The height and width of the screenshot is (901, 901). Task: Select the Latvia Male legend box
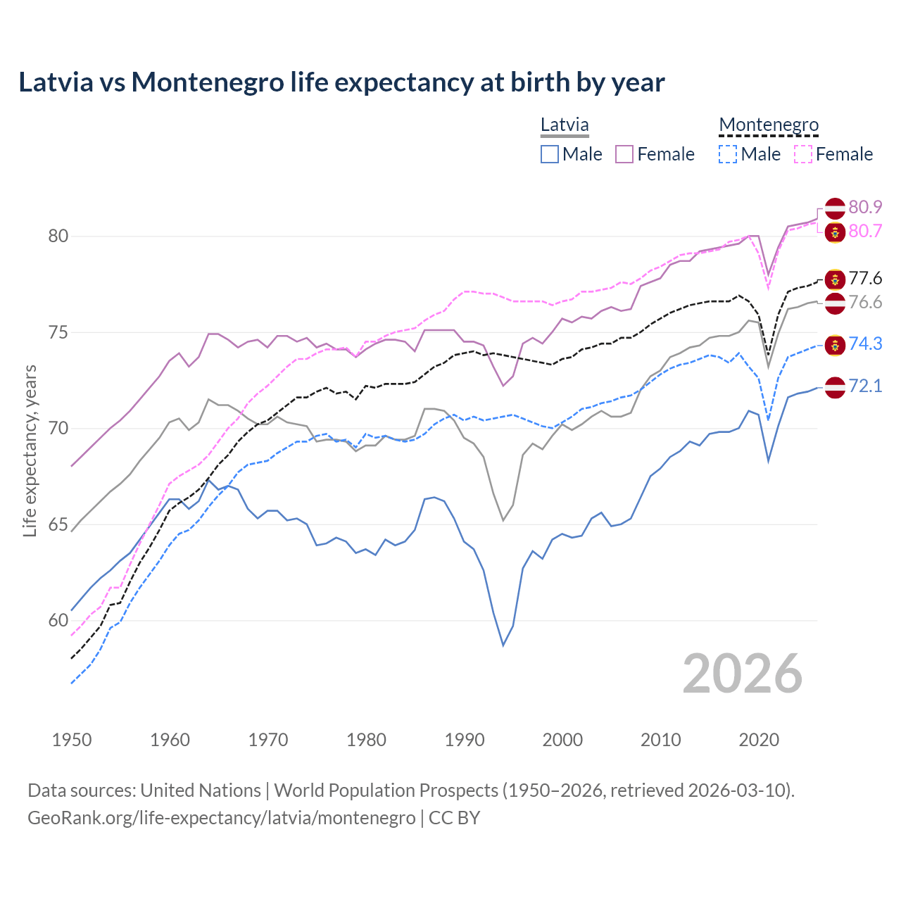pyautogui.click(x=550, y=154)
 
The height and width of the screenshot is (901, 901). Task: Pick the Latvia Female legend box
pyautogui.click(x=624, y=154)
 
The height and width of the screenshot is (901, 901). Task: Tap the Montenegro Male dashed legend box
pyautogui.click(x=728, y=154)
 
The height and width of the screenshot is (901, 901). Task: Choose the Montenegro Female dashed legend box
pyautogui.click(x=803, y=154)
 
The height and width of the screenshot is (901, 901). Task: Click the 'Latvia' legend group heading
pyautogui.click(x=565, y=125)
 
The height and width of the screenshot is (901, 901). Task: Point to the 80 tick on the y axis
pyautogui.click(x=58, y=236)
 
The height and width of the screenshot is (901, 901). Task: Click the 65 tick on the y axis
pyautogui.click(x=58, y=524)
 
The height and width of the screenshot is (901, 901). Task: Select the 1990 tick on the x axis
pyautogui.click(x=465, y=740)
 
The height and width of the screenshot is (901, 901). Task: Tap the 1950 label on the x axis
pyautogui.click(x=72, y=740)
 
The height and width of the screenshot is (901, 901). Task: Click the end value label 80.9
pyautogui.click(x=865, y=207)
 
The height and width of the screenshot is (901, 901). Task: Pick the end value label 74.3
pyautogui.click(x=865, y=344)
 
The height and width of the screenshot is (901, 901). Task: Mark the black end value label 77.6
pyautogui.click(x=865, y=278)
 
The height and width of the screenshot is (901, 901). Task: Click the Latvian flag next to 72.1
pyautogui.click(x=835, y=386)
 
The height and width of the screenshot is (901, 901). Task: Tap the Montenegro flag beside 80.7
pyautogui.click(x=835, y=232)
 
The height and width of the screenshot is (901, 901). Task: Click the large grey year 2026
pyautogui.click(x=742, y=674)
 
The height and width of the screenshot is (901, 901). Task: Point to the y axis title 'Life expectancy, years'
pyautogui.click(x=30, y=450)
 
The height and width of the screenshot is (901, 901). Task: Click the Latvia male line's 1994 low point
pyautogui.click(x=503, y=645)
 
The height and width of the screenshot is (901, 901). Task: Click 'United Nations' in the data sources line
pyautogui.click(x=201, y=790)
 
